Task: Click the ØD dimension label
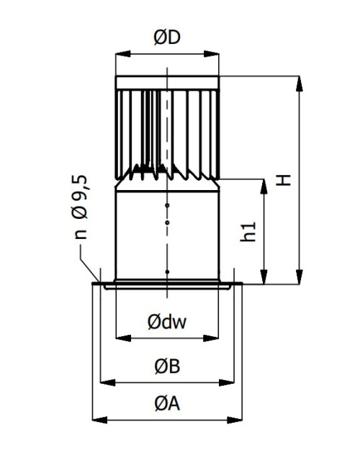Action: [167, 37]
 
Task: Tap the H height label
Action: [283, 180]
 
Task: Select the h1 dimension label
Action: [248, 232]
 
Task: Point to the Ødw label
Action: [167, 322]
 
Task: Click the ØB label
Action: [167, 366]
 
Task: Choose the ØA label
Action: [167, 404]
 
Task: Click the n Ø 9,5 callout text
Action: [80, 207]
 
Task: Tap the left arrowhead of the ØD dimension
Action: [122, 54]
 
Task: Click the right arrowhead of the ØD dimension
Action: [212, 54]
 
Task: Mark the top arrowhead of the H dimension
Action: [299, 84]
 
